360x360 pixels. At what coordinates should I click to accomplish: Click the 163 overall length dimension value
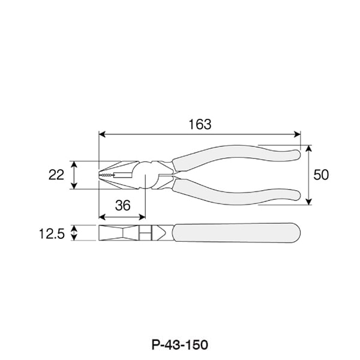click(200, 124)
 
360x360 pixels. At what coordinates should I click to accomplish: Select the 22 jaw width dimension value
click(56, 175)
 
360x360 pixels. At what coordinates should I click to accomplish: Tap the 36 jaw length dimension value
click(123, 205)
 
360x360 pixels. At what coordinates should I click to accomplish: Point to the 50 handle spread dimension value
click(321, 175)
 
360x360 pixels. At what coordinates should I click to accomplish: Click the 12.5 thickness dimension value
click(52, 234)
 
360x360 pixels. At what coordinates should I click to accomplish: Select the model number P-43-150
click(180, 344)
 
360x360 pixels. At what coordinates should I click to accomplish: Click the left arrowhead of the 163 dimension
click(102, 134)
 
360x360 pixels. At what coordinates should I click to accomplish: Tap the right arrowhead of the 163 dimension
click(297, 134)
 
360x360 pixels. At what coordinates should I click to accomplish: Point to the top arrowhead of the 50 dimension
click(309, 149)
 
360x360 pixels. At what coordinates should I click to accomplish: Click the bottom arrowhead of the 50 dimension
click(309, 201)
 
